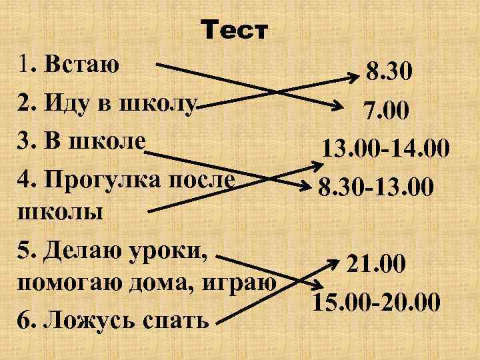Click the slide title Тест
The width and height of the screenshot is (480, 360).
point(235,31)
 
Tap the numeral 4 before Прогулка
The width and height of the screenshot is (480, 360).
point(25,181)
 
